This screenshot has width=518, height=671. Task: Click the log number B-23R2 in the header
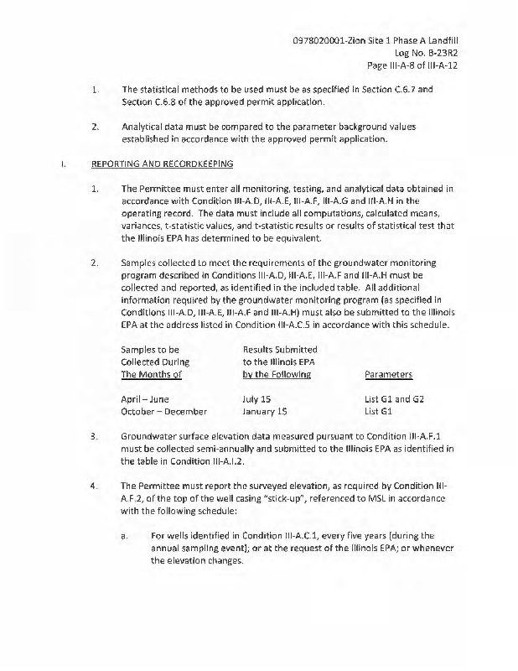[x=437, y=52]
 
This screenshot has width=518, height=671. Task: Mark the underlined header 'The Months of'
[x=151, y=374]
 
